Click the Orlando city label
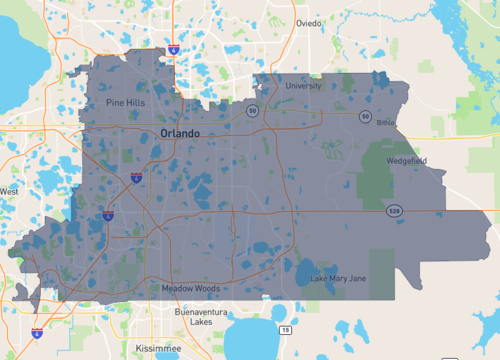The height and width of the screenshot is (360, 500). click(180, 133)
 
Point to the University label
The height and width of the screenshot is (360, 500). click(303, 86)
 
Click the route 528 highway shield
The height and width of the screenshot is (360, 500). click(396, 211)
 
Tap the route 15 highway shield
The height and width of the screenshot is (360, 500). click(286, 329)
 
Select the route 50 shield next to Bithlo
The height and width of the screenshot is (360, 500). click(366, 117)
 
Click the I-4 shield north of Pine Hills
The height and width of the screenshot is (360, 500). click(174, 48)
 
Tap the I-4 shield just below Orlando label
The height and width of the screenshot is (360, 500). click(135, 177)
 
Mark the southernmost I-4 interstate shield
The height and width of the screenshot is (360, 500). click(37, 333)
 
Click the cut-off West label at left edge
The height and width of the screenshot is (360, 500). click(9, 191)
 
